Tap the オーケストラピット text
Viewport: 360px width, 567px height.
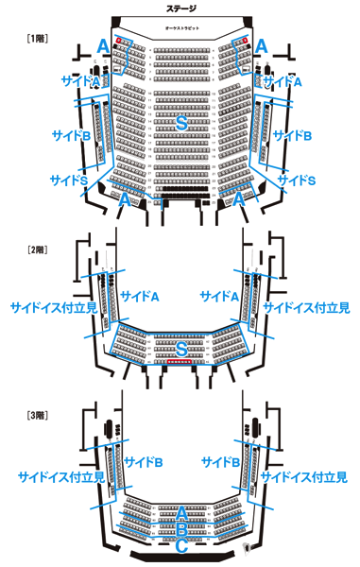180,29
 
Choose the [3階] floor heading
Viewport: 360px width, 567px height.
38,416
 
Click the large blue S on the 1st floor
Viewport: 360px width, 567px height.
180,125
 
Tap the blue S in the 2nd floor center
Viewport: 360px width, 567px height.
180,349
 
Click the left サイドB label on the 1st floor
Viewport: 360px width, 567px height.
71,135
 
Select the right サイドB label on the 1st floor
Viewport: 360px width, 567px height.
292,135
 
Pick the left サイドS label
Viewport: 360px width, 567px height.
69,179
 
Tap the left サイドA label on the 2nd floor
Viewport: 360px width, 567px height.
141,296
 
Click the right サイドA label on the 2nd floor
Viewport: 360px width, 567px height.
219,296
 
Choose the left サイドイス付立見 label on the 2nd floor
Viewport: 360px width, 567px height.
52,308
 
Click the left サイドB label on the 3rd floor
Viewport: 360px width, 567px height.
145,462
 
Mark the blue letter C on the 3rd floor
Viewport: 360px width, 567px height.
180,545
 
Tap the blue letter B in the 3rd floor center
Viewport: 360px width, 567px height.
180,528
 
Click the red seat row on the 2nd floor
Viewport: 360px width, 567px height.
180,362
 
